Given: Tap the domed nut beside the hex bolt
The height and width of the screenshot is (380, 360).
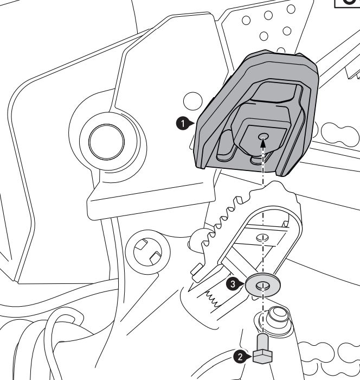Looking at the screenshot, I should pos(278,316).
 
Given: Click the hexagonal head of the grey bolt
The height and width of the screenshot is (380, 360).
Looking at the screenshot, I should pos(261,356).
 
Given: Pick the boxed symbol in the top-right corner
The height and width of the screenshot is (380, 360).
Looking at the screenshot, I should pos(347,3).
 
